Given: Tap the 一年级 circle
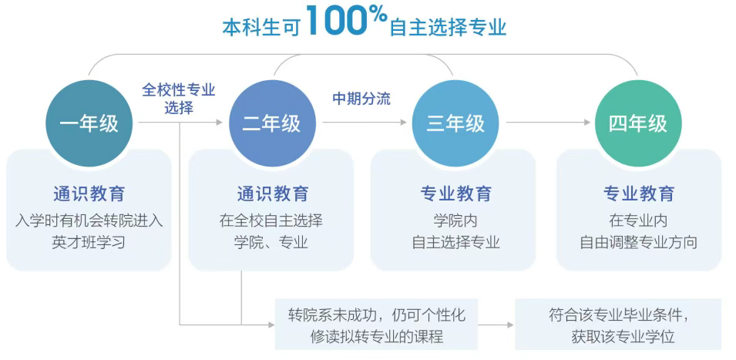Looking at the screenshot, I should point(89,123).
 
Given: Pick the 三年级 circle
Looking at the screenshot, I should point(455,123).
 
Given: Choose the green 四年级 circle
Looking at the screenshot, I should point(638,123).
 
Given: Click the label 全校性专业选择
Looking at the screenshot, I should point(178,99).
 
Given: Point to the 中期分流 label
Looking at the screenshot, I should point(361,99).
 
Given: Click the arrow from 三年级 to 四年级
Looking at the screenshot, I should point(548,123).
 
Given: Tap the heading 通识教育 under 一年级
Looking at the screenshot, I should point(89,193).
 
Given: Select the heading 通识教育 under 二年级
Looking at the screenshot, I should point(272,193).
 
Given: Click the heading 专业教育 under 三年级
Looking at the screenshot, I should point(455,193).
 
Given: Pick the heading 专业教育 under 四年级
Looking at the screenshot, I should point(638,193).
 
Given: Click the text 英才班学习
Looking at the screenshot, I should point(89,242).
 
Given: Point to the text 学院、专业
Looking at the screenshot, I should point(271,242).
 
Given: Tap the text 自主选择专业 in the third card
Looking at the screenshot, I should point(455,242).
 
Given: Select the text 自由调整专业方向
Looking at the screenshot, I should point(638,242).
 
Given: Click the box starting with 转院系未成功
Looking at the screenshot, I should point(377,325).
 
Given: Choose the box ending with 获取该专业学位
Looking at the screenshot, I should point(618,325).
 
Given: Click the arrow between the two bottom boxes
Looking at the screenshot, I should point(496,325).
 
